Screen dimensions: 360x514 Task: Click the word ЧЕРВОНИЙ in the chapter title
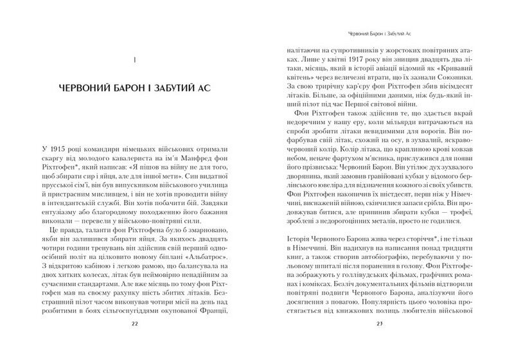point(84,87)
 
